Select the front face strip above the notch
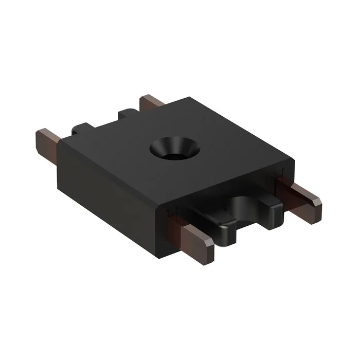coord(221,193)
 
